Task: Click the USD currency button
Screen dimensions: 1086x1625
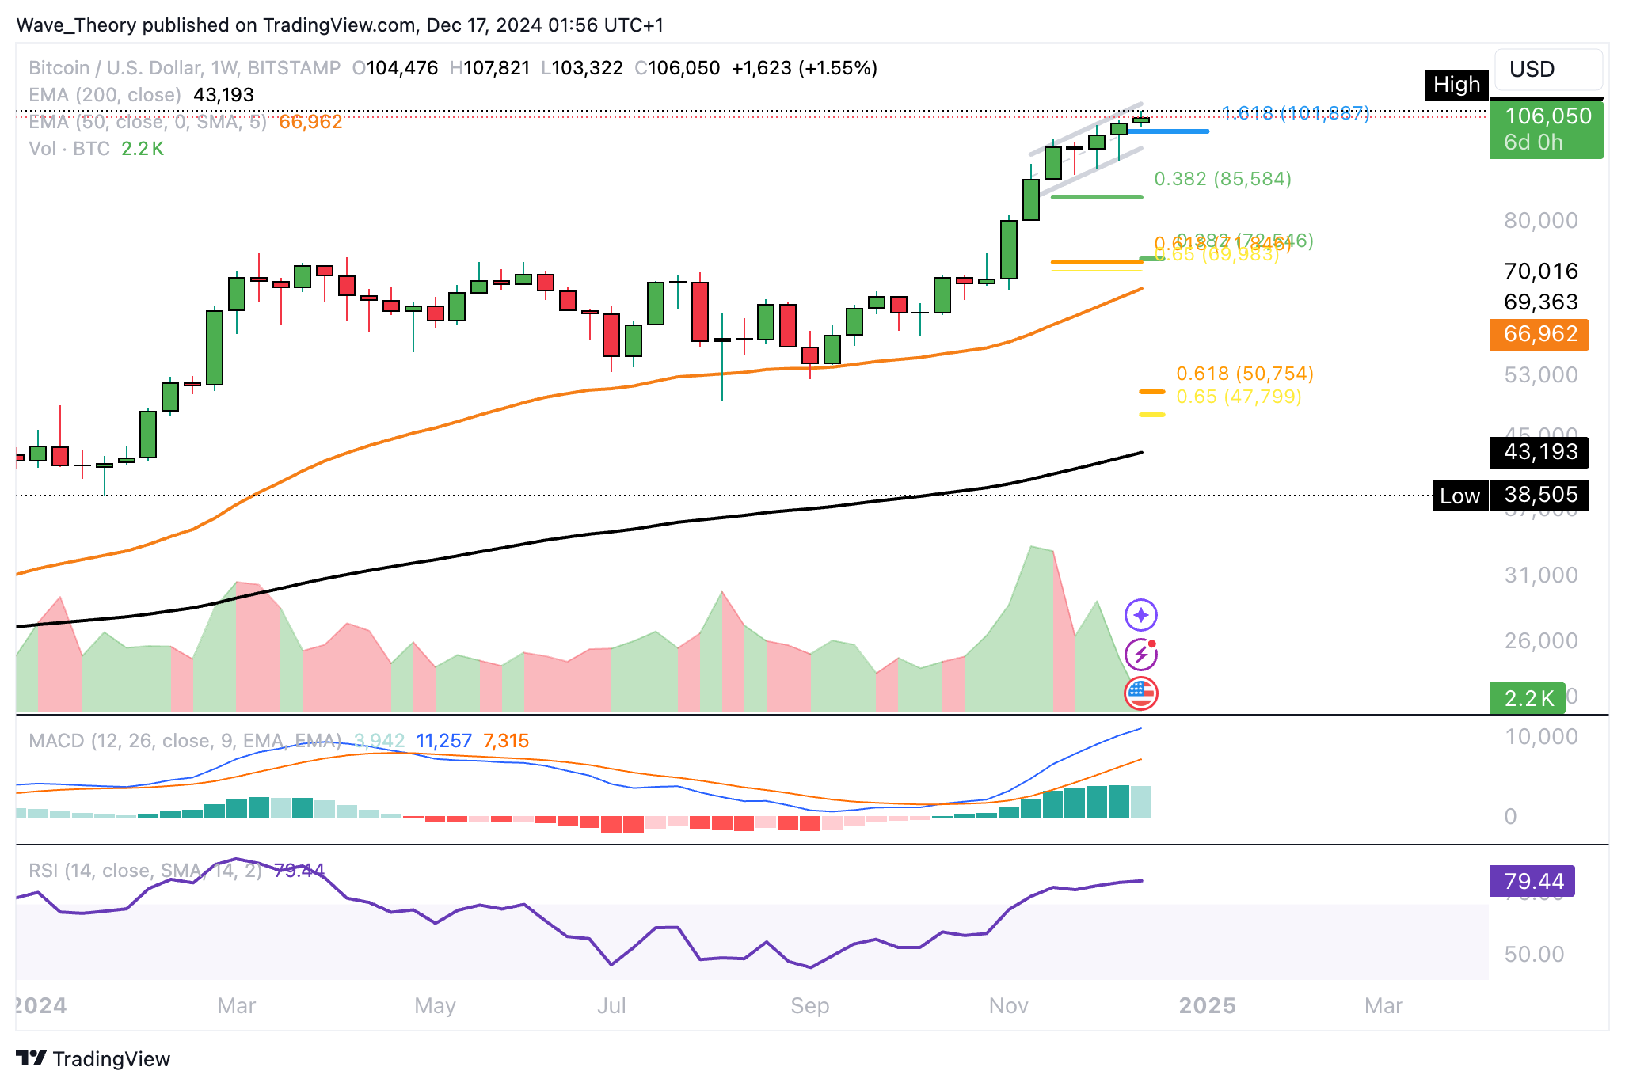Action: [x=1547, y=70]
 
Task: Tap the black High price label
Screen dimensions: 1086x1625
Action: [x=1456, y=85]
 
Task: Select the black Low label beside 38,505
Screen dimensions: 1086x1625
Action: [x=1459, y=496]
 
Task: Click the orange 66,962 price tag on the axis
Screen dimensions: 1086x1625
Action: [x=1539, y=334]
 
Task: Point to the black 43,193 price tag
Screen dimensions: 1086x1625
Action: [x=1539, y=452]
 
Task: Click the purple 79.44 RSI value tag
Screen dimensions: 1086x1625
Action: [x=1532, y=881]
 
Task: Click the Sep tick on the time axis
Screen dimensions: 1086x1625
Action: [x=809, y=1006]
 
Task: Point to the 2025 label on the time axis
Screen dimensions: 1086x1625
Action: [x=1207, y=1006]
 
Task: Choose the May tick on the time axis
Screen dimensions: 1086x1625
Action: [x=435, y=1006]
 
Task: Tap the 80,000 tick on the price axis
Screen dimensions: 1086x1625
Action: [x=1540, y=221]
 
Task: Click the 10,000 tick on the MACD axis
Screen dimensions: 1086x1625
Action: [x=1540, y=737]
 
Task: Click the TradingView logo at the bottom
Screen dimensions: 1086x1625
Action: [x=93, y=1059]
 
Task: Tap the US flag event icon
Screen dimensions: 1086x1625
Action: [x=1140, y=693]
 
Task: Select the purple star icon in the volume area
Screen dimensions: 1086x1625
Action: [x=1140, y=615]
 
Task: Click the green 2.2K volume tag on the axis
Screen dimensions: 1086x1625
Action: [x=1528, y=698]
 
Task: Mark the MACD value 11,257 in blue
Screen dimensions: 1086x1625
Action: [x=443, y=741]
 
